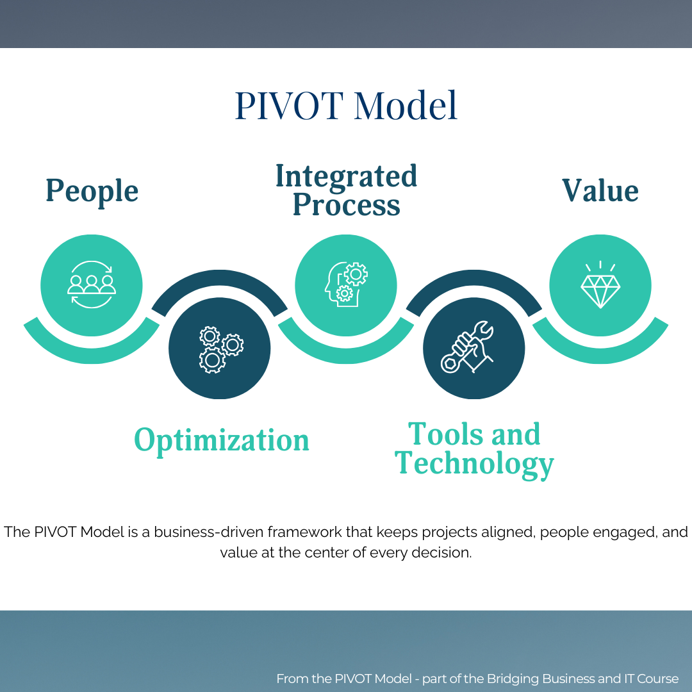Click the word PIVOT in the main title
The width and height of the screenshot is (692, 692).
pyautogui.click(x=288, y=106)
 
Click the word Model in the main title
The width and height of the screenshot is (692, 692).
pyautogui.click(x=406, y=106)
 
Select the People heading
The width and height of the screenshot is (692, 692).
pyautogui.click(x=92, y=192)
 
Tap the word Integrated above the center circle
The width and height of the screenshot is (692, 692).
pyautogui.click(x=346, y=176)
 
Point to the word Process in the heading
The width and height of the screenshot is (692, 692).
pyautogui.click(x=346, y=206)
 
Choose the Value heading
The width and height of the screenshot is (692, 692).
pyautogui.click(x=600, y=191)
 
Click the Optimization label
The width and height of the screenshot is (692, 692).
pyautogui.click(x=221, y=441)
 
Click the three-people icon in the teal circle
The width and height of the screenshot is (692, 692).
pyautogui.click(x=92, y=284)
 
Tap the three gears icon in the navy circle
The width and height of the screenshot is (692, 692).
pyautogui.click(x=220, y=349)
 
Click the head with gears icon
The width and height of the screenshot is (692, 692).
pyautogui.click(x=346, y=284)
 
